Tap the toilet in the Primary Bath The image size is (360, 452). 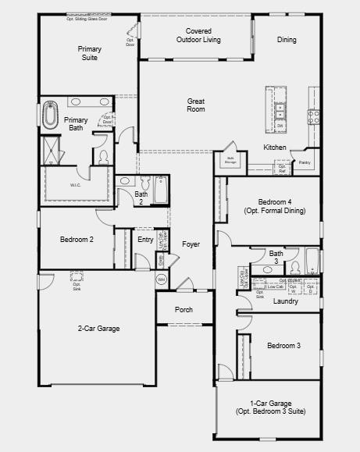click(x=103, y=157)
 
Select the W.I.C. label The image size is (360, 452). click(x=75, y=185)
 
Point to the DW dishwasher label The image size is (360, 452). click(x=280, y=125)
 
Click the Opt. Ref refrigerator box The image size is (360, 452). click(x=282, y=168)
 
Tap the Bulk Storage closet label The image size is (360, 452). click(x=231, y=158)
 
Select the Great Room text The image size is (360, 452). click(x=196, y=105)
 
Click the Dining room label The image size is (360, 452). click(x=287, y=40)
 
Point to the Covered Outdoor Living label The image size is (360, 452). click(x=198, y=35)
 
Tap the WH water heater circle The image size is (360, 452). click(x=162, y=279)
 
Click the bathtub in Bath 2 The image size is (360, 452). click(x=160, y=189)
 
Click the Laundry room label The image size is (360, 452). click(x=285, y=301)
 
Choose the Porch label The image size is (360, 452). click(x=184, y=310)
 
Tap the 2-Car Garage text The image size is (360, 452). click(x=98, y=329)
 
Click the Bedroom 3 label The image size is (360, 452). click(x=283, y=345)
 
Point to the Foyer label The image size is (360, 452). click(x=191, y=244)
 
